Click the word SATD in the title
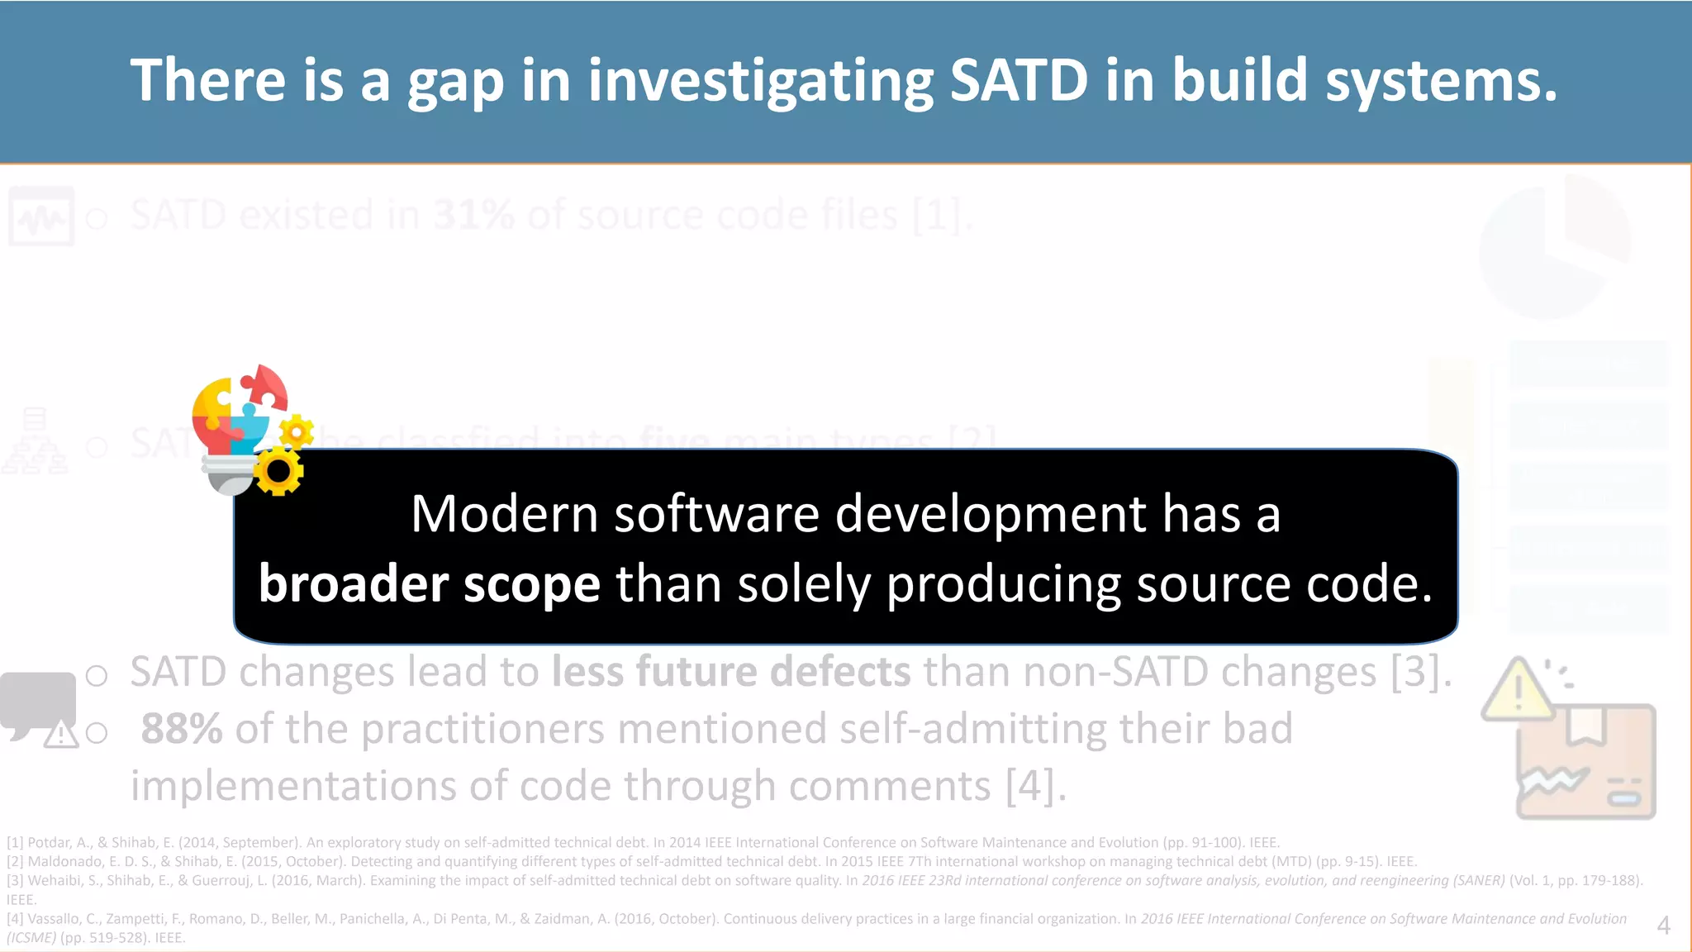pos(1018,80)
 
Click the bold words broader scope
pos(429,584)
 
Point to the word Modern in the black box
pos(503,513)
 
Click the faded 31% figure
pos(473,216)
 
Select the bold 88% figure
pos(181,729)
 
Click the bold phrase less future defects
pos(730,671)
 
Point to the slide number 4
pos(1663,926)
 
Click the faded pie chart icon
pos(1553,248)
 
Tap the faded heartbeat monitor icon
pos(41,217)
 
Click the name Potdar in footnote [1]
pos(49,843)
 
